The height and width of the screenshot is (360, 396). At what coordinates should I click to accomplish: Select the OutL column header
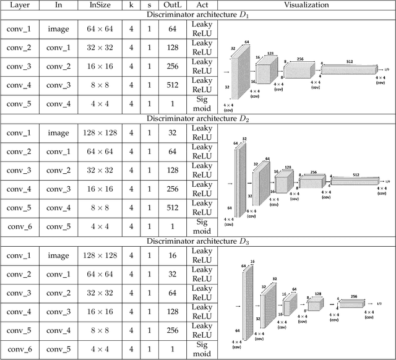(x=172, y=5)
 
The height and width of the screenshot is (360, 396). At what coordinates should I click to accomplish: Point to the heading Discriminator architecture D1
(x=198, y=15)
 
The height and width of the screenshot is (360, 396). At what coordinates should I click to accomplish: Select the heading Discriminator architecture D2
(x=198, y=118)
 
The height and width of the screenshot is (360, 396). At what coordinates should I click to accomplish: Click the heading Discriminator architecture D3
(x=198, y=241)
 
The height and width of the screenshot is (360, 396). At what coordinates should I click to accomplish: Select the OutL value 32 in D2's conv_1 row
(x=172, y=132)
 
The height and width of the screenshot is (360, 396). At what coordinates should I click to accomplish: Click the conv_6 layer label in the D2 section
(x=22, y=226)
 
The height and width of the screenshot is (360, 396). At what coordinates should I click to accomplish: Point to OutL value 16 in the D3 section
(x=172, y=254)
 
